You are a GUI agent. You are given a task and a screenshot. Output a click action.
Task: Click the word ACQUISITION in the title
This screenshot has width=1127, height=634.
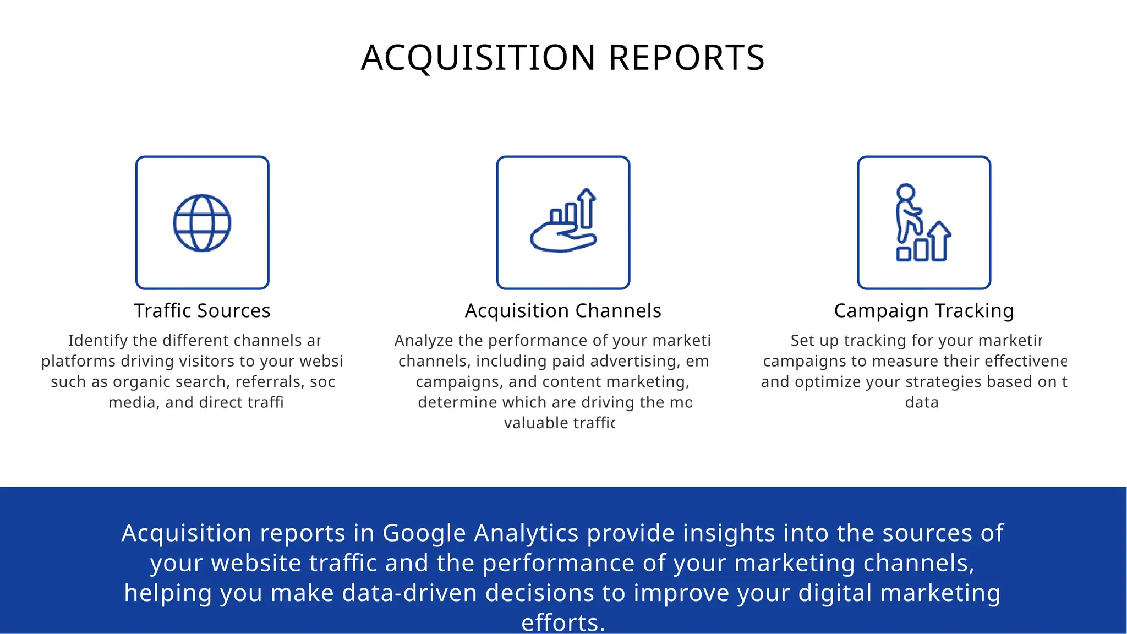tap(478, 58)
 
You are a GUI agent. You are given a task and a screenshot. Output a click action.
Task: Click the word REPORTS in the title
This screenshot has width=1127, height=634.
tap(686, 58)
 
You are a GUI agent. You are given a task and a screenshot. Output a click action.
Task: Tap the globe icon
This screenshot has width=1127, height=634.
tap(202, 223)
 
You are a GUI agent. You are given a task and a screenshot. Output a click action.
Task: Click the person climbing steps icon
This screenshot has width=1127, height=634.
tap(923, 223)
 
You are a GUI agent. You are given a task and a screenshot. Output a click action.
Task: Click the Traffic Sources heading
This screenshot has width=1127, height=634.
tap(202, 310)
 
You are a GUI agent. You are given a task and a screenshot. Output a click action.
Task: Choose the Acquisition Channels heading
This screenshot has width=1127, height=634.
tap(563, 310)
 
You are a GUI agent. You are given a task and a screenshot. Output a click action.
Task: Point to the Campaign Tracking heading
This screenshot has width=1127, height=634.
tap(923, 310)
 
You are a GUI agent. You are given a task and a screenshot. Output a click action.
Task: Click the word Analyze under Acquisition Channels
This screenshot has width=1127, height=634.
tap(424, 341)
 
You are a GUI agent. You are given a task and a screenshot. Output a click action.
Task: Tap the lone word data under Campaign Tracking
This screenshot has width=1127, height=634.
tap(922, 402)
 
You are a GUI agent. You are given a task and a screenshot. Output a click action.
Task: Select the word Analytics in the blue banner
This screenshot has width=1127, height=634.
tap(526, 533)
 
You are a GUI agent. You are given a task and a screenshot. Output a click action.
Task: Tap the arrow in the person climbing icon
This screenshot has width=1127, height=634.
tap(940, 240)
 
